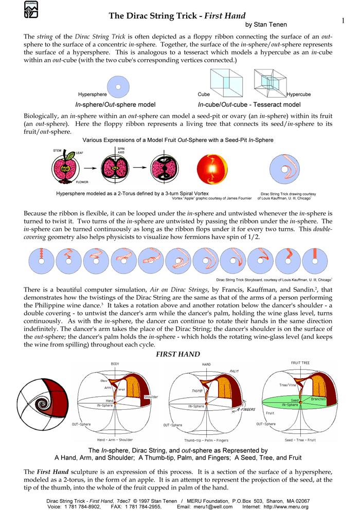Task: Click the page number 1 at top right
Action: tap(343, 20)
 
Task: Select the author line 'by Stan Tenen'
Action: tap(266, 25)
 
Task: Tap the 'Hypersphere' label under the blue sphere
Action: tap(93, 95)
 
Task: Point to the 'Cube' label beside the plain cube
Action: tap(204, 95)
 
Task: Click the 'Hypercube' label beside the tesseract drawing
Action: tap(298, 95)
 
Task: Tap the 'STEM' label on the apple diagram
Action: tap(58, 150)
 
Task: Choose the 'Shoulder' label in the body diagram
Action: tap(151, 397)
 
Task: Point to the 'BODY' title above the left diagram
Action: tap(115, 363)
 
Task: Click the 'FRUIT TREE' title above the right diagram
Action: tap(301, 362)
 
